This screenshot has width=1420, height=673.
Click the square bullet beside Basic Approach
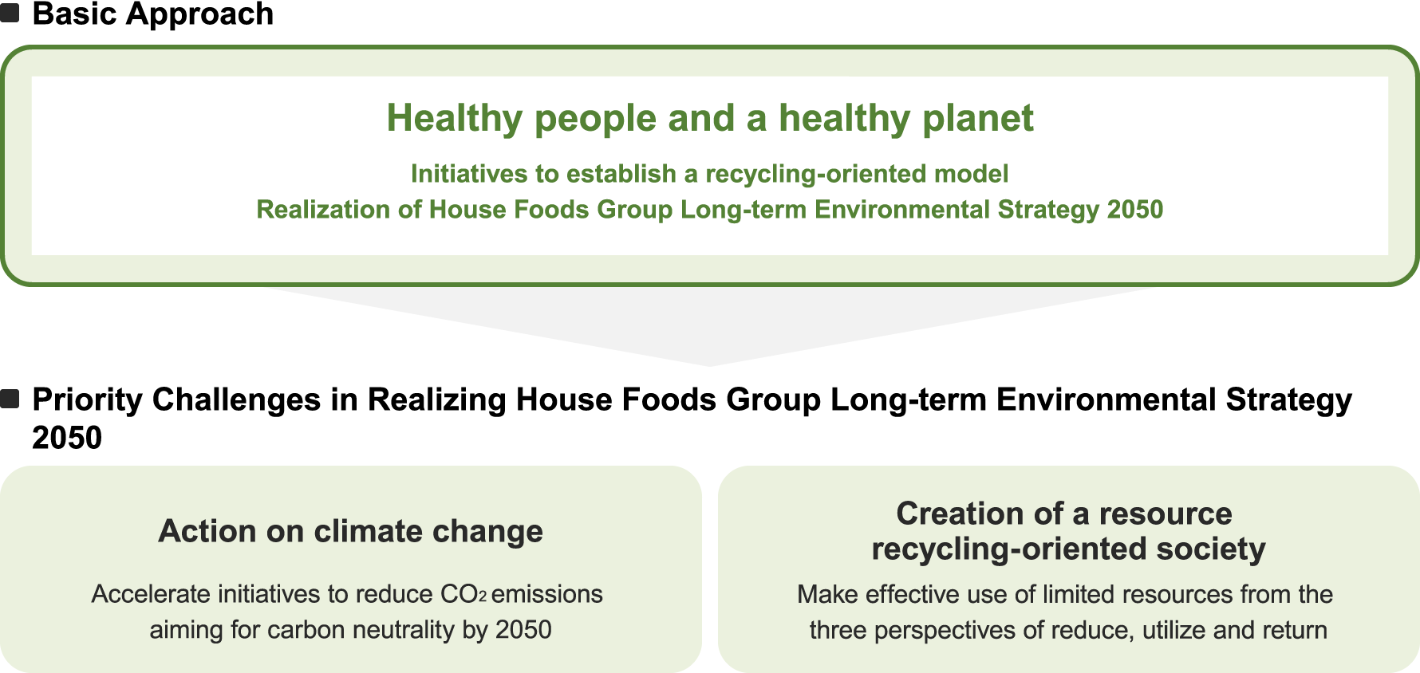10,14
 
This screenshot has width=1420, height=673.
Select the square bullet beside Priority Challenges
10,399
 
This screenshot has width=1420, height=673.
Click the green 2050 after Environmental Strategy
1135,209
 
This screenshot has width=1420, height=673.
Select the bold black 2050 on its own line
67,438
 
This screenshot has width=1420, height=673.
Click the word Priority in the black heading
87,400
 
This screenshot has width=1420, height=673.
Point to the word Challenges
236,400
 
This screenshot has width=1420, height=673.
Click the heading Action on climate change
351,531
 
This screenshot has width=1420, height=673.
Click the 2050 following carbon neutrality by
523,630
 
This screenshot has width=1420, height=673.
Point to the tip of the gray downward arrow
709,366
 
